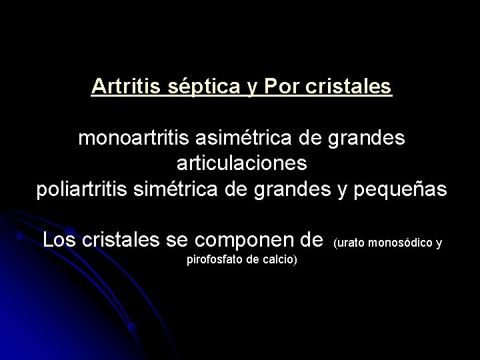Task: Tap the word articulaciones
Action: point(240,164)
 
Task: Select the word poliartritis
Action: point(85,189)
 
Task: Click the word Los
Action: point(59,239)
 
